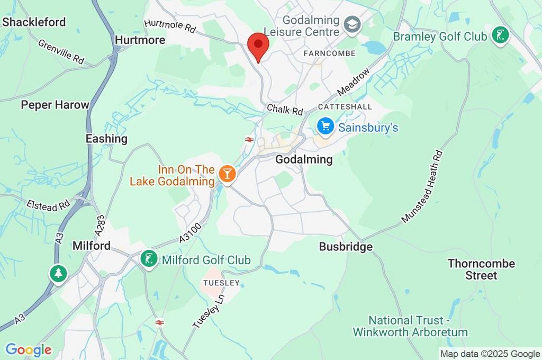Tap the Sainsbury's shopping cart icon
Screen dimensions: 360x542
324,127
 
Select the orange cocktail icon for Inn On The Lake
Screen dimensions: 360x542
227,174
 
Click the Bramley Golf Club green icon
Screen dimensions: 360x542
499,36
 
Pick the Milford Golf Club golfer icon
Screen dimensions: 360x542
149,259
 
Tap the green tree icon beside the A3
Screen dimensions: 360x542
58,274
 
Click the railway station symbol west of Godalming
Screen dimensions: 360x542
248,139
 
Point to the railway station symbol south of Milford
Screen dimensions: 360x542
159,322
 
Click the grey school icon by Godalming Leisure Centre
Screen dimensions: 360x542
350,24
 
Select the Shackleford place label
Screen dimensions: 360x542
34,22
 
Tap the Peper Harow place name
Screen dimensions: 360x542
55,105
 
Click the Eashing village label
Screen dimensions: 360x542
106,139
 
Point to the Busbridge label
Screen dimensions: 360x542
346,247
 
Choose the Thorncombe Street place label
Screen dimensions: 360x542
481,269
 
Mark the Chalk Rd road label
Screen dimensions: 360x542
285,110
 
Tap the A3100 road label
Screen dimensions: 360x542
190,233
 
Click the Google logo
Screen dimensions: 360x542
28,350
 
